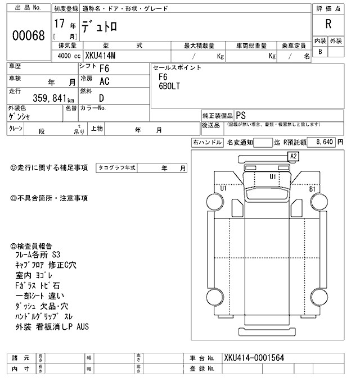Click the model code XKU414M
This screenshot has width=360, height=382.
105,56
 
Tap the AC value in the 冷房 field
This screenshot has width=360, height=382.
104,81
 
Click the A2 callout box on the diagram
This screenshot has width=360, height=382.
294,156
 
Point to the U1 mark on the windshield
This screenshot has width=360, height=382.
273,177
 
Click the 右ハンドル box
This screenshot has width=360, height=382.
207,143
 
